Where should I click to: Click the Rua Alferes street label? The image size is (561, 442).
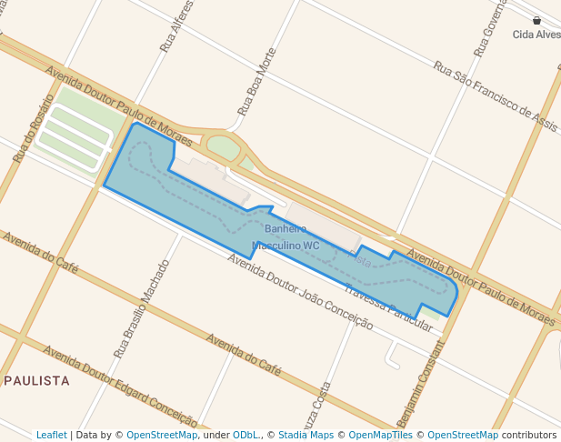point(177,26)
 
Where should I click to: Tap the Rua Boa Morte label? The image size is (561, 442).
point(256,82)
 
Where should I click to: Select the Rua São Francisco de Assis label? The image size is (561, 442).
point(496,92)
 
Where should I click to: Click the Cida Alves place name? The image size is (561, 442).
point(536,35)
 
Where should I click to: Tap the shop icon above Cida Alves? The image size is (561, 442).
point(536,20)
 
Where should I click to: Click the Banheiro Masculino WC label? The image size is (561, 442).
point(286,237)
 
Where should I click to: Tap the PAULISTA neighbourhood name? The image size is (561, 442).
point(37,380)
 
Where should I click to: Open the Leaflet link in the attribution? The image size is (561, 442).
point(52,435)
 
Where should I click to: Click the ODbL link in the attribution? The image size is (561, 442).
point(245,435)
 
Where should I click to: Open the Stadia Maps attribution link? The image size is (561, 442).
point(306,435)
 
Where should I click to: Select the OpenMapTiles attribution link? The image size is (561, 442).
point(381,435)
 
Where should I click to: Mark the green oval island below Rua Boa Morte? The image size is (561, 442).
point(223,146)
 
